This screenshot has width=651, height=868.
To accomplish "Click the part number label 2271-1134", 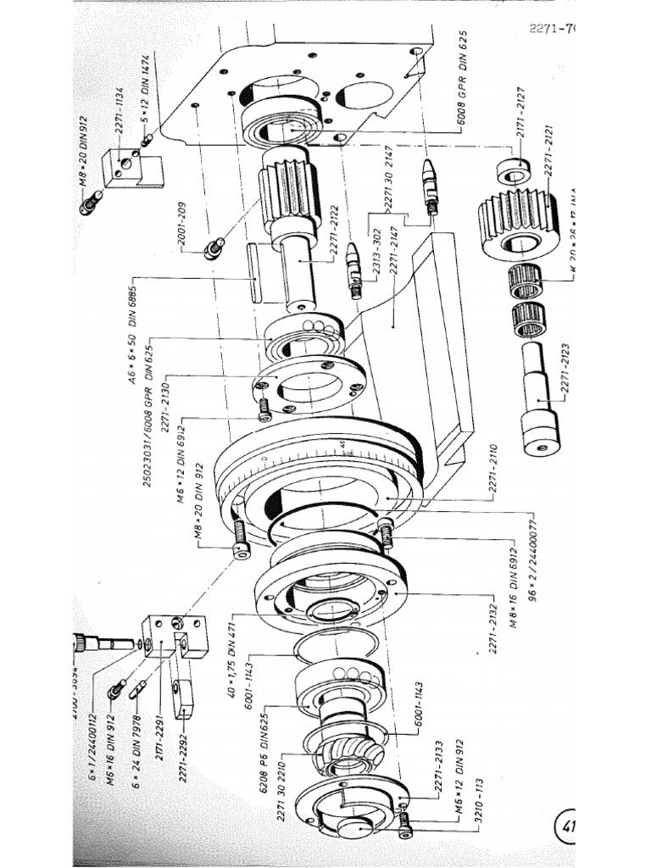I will click(x=120, y=108).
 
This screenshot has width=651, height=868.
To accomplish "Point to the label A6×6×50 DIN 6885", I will click(x=136, y=331).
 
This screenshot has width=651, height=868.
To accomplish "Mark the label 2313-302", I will click(x=376, y=251).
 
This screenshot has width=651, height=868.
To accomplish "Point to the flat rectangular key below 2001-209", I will click(x=254, y=271).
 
